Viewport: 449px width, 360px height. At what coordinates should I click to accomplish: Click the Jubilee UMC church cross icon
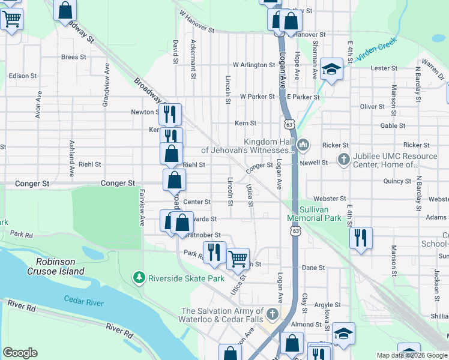[x=343, y=160]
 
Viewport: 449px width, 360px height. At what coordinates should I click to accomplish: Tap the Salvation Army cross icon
[x=273, y=314]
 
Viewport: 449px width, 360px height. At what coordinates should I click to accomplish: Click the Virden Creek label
[x=378, y=55]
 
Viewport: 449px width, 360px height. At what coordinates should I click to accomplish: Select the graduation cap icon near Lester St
[x=331, y=68]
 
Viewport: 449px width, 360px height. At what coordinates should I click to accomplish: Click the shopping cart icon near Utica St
[x=238, y=259]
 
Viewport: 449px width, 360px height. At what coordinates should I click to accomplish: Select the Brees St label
[x=74, y=57]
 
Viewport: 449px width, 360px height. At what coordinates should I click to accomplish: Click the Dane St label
[x=313, y=268]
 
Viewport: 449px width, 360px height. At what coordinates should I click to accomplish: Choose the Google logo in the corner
[x=20, y=353]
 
